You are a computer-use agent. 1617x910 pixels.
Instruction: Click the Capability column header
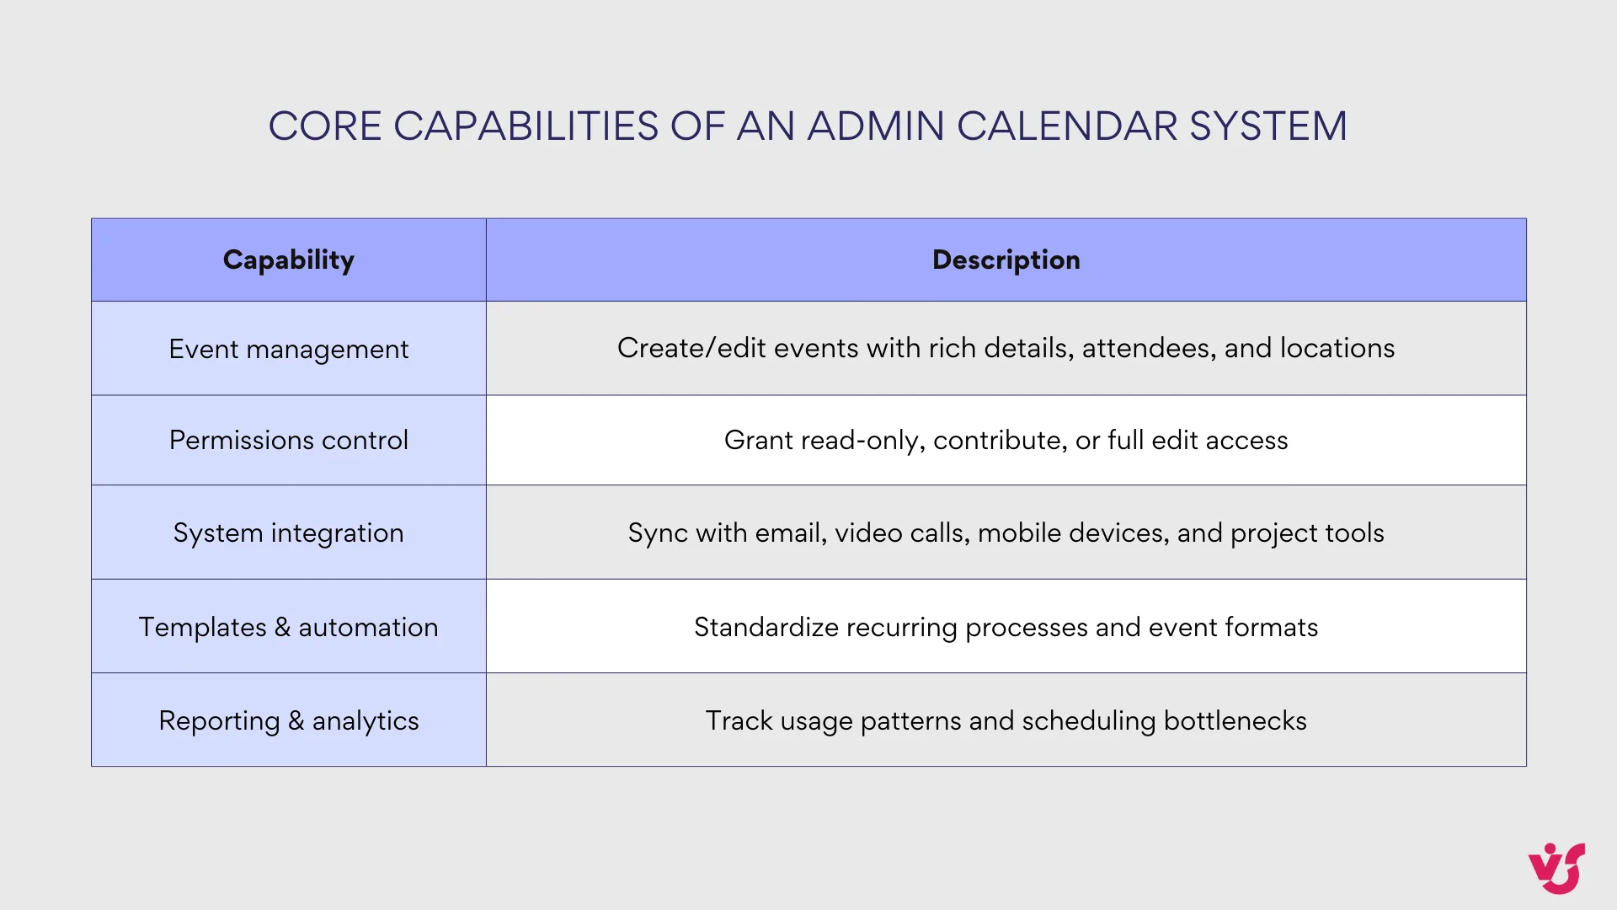point(288,260)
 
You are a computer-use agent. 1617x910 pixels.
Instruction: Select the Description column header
point(1006,260)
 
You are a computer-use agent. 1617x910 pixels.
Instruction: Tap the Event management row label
point(288,349)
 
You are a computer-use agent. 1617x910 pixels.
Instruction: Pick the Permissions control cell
point(288,440)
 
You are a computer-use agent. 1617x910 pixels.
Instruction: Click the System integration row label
point(288,533)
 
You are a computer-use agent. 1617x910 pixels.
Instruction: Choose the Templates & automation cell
point(288,627)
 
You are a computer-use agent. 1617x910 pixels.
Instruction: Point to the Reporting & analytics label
point(288,720)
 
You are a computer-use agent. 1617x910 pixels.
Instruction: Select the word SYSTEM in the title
point(1268,126)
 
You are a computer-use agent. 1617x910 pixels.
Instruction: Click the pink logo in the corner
point(1556,868)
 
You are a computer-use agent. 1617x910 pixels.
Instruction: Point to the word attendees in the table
point(1149,348)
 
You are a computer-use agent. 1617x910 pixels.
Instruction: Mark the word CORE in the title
point(325,126)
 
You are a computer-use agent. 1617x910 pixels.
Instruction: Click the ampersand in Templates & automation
point(282,627)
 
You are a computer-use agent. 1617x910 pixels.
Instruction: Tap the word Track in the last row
point(739,720)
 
